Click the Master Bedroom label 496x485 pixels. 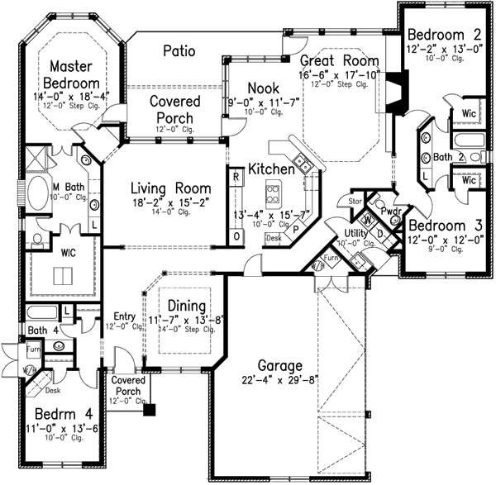[x=74, y=74]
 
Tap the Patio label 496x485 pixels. [x=178, y=51]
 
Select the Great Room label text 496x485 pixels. [x=339, y=60]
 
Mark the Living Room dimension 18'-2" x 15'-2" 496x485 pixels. [x=169, y=199]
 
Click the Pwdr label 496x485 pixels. [x=390, y=212]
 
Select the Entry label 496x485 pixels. [x=125, y=316]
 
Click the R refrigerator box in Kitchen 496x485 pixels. [x=236, y=175]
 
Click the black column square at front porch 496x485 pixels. [x=149, y=407]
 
